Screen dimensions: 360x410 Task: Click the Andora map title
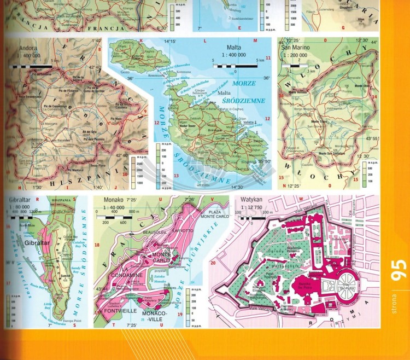[x=28, y=47]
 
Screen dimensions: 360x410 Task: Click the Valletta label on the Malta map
[x=249, y=123]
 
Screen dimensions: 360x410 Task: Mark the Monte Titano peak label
[x=319, y=121]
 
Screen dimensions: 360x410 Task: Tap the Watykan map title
[x=249, y=201]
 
